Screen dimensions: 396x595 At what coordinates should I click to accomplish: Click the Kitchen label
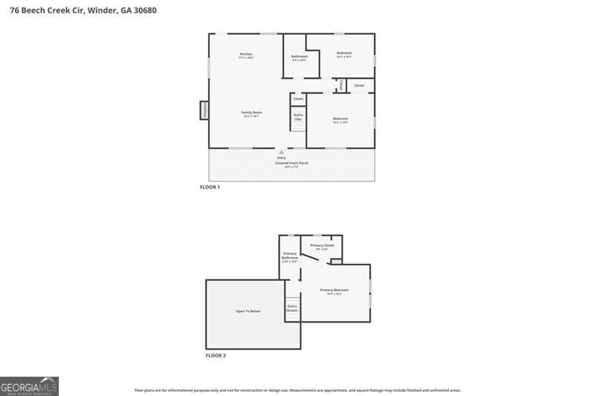(246, 53)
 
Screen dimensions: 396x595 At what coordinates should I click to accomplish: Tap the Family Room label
(251, 112)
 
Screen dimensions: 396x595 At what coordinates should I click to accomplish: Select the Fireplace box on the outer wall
(204, 110)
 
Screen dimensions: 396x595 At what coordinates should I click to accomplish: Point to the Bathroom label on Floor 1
(299, 56)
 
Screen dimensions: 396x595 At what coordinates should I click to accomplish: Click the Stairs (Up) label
(298, 117)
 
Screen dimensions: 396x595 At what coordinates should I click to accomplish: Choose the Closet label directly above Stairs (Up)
(298, 99)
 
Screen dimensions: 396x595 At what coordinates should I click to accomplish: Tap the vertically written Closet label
(341, 85)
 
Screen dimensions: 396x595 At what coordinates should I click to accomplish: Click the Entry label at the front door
(281, 158)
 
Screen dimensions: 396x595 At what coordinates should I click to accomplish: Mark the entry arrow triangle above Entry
(281, 152)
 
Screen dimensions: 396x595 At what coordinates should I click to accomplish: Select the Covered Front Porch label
(292, 163)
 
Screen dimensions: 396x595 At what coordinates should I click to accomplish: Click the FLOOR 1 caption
(210, 187)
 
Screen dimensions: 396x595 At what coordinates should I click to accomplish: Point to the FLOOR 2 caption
(216, 356)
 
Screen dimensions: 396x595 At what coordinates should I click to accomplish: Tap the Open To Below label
(248, 311)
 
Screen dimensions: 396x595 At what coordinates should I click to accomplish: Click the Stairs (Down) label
(292, 308)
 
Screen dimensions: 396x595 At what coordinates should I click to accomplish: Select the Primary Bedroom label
(334, 290)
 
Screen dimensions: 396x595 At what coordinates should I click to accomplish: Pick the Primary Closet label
(322, 245)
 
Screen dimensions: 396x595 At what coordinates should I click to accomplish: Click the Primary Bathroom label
(289, 256)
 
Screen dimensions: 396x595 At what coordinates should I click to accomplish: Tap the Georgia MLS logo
(29, 386)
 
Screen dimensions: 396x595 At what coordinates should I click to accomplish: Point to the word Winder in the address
(99, 11)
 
